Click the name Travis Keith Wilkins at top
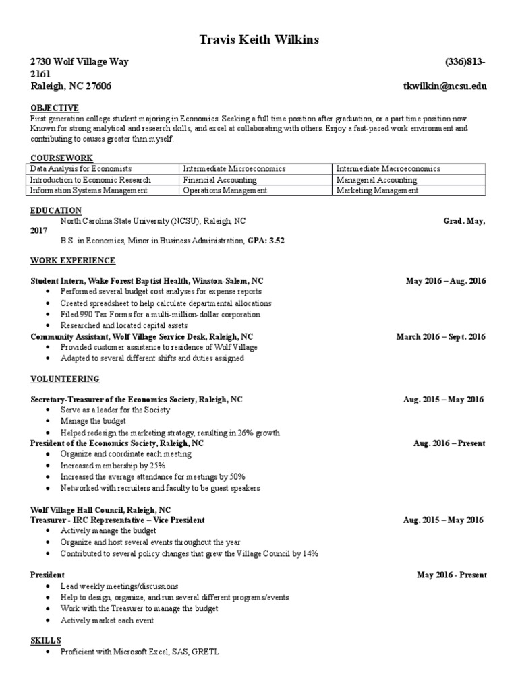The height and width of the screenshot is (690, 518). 259,41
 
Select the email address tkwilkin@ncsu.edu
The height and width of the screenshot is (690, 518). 444,86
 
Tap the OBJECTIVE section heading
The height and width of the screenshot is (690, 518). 55,108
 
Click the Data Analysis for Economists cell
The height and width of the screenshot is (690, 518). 81,168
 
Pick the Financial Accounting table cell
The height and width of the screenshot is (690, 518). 220,180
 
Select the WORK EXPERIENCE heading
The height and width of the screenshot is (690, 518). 73,261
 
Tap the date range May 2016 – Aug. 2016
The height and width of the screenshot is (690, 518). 445,281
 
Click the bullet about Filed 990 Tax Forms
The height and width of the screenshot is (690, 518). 160,315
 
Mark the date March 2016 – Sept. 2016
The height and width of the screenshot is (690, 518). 440,337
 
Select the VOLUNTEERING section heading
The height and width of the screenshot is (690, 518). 65,379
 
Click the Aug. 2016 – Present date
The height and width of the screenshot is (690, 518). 449,443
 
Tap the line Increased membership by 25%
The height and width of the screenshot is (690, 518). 113,466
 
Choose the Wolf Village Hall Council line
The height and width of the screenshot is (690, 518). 100,510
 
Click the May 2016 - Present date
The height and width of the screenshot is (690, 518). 451,575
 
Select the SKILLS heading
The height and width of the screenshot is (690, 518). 46,639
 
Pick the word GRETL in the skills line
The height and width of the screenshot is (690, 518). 206,652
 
